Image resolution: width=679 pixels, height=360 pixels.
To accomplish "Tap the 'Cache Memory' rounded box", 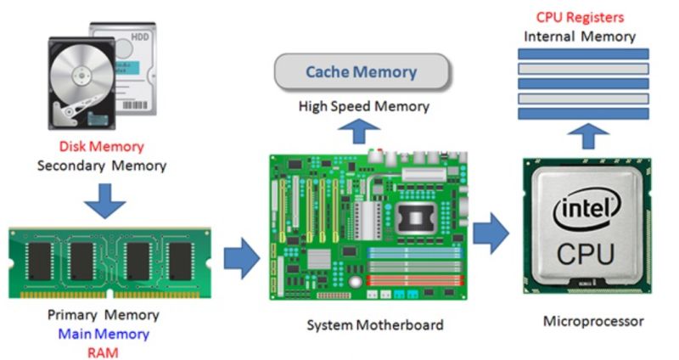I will pos(362,72).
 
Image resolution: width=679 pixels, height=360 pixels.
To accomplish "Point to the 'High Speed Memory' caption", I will pos(363,107).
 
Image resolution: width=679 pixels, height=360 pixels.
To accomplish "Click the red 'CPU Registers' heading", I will pos(580,17).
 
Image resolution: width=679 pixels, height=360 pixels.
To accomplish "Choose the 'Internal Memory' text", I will pos(580,37).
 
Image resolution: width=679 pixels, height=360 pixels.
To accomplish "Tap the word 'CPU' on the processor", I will pos(586,252).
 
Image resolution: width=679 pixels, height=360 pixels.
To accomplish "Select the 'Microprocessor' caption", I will pos(593,322).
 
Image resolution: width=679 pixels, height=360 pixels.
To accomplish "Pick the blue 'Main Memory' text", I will pos(104,334).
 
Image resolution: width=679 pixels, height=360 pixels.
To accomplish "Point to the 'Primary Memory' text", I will pos(104,316).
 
